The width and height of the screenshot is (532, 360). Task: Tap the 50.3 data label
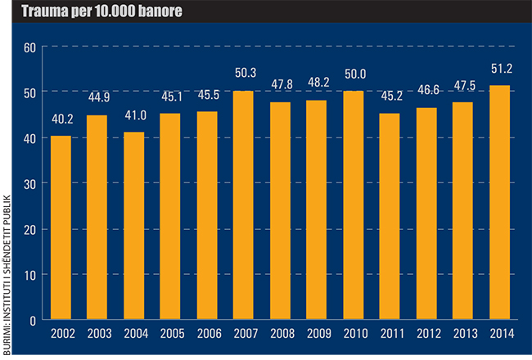point(244,80)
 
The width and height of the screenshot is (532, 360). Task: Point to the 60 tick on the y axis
point(31,47)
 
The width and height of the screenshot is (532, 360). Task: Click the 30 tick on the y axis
point(31,184)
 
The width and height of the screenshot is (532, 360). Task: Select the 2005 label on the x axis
point(170,335)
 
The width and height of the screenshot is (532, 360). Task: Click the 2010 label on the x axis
point(354,335)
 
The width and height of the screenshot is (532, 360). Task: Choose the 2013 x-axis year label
point(463,335)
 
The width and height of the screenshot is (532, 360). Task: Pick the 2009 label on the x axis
point(317,335)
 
